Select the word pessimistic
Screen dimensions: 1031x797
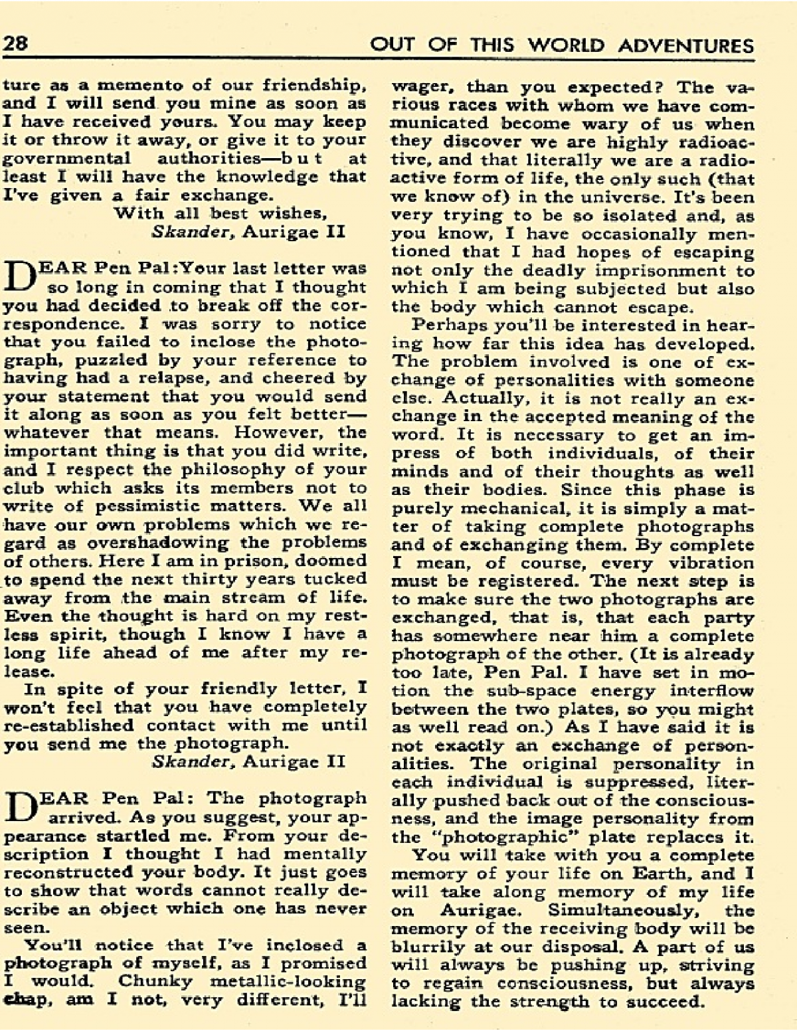pos(131,506)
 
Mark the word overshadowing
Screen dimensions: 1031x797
pos(152,542)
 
